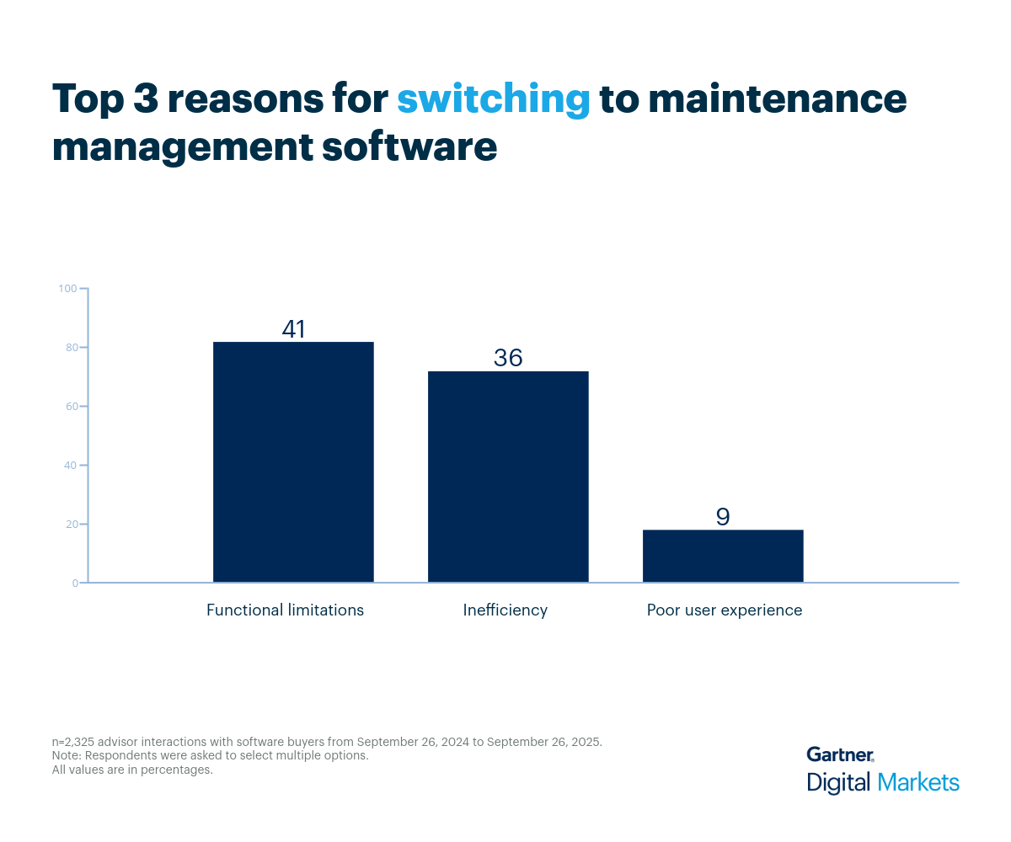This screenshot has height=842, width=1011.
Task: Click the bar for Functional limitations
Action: coord(293,461)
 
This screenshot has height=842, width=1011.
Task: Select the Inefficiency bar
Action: coord(508,477)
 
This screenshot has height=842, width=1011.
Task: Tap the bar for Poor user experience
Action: coord(723,556)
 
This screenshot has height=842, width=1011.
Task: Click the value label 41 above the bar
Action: coord(293,329)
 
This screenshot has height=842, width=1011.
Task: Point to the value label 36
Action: coord(508,358)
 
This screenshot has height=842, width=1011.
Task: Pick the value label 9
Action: coord(723,516)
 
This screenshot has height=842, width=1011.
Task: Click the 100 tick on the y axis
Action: coord(67,289)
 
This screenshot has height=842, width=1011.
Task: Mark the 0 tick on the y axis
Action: coord(74,583)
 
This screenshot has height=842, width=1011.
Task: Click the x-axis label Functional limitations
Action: coord(285,610)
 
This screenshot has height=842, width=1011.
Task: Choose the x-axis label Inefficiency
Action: coord(505,610)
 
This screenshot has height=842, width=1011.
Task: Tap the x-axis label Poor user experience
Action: coord(725,610)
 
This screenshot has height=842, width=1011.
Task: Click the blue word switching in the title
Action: coord(493,99)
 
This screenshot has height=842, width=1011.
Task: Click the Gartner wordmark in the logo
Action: coord(840,754)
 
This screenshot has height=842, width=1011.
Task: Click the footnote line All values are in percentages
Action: coord(132,770)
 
